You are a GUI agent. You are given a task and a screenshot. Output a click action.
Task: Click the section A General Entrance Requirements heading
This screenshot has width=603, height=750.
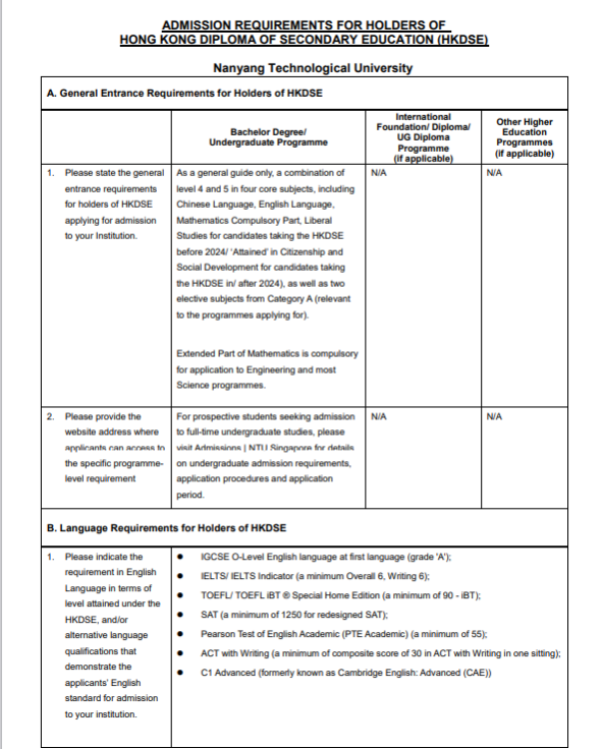coord(185,92)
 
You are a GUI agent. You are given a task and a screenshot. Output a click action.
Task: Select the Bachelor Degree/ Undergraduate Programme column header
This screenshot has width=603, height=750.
coord(268,137)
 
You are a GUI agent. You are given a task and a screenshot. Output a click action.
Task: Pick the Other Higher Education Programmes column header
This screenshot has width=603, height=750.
coord(524,137)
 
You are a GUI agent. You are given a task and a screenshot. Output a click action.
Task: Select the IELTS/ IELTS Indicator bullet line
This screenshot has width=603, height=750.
coord(314,576)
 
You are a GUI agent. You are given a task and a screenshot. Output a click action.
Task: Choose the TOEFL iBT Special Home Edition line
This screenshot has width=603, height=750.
coord(340,595)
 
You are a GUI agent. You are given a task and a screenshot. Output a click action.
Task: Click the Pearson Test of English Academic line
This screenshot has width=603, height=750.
coord(329,633)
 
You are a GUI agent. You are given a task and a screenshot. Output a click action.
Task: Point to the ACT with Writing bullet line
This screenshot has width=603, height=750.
coord(380,653)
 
